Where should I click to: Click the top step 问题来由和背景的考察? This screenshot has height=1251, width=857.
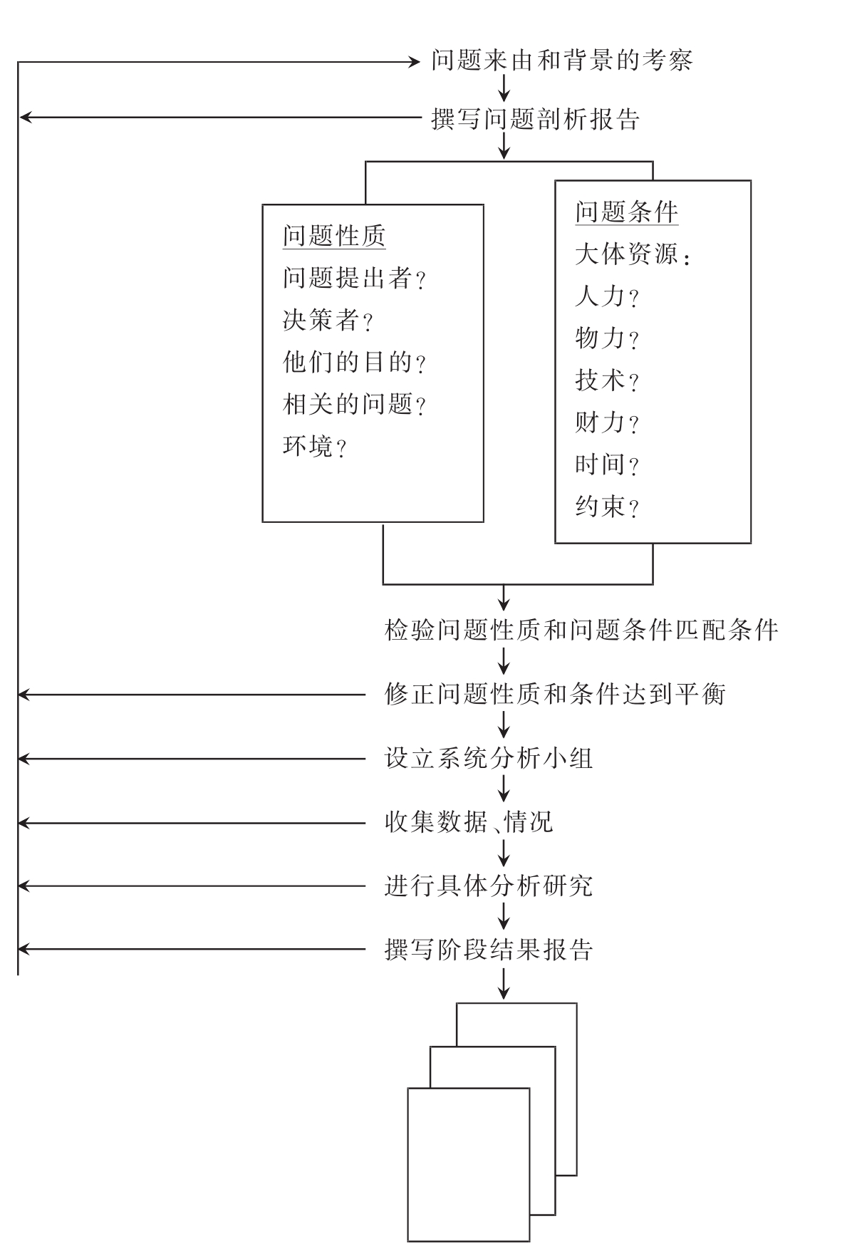click(561, 61)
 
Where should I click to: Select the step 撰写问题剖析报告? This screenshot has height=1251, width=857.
click(535, 119)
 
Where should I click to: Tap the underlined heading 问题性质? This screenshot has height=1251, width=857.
click(333, 236)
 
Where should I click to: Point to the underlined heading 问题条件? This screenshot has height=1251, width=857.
click(626, 212)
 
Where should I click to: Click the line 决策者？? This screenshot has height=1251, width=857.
click(328, 321)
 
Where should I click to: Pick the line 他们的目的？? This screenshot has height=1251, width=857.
click(354, 363)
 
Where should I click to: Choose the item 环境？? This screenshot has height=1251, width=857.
click(314, 447)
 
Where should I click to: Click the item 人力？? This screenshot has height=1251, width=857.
click(606, 296)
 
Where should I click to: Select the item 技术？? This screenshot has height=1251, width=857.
click(606, 381)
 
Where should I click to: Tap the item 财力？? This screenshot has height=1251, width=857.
click(606, 423)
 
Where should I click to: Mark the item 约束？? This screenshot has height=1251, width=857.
click(606, 507)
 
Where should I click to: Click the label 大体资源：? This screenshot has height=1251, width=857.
click(632, 254)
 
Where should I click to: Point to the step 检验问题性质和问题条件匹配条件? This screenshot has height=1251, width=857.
click(581, 630)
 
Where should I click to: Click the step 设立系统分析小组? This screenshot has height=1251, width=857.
click(489, 759)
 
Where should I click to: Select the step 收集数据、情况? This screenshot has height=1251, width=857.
click(469, 823)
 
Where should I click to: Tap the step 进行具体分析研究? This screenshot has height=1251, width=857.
click(489, 886)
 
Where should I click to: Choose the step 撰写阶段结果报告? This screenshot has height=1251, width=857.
click(489, 950)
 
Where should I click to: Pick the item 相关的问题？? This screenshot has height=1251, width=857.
click(354, 405)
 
